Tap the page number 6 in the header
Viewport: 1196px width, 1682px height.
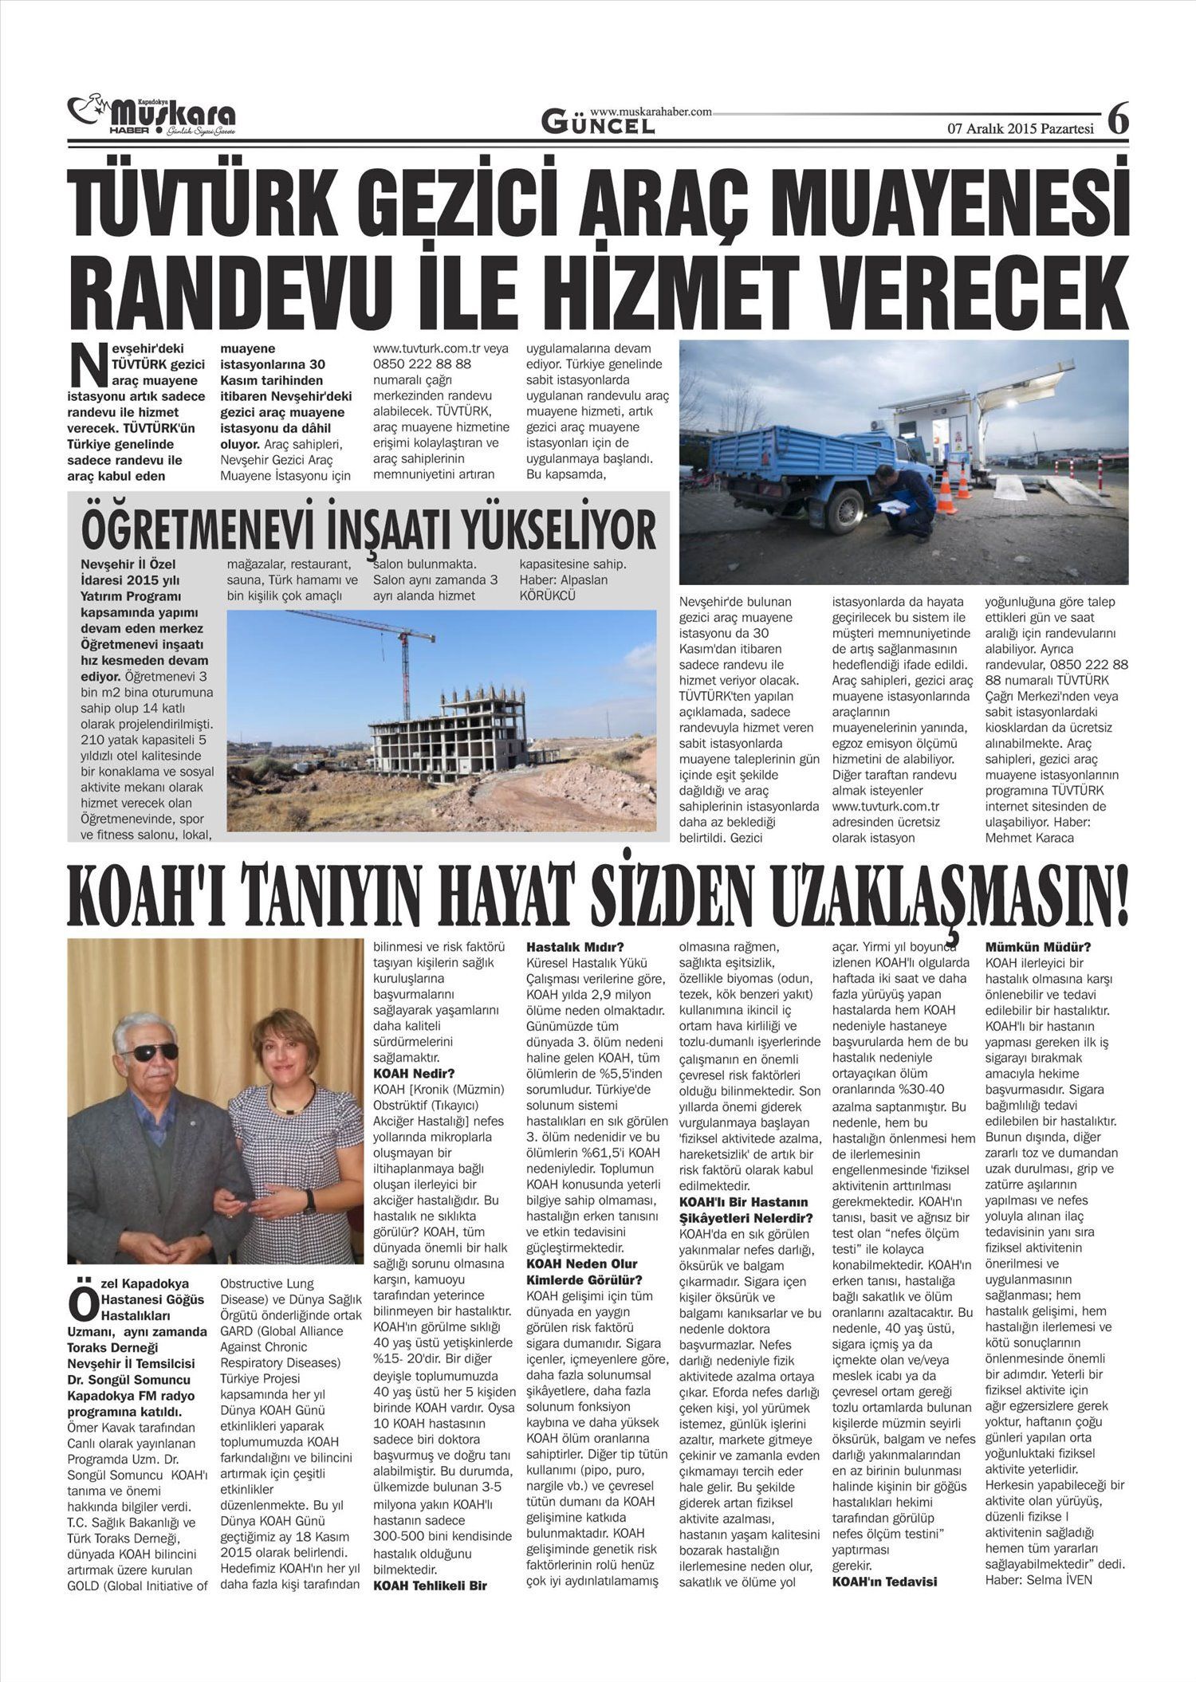point(1118,120)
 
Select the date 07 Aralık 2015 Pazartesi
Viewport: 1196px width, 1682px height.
point(1020,128)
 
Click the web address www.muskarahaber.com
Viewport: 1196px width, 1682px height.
point(651,112)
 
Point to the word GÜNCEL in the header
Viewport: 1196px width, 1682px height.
point(598,124)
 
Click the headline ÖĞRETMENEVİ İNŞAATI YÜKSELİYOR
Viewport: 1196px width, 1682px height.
point(368,530)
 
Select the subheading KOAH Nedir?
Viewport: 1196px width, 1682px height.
point(414,1074)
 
